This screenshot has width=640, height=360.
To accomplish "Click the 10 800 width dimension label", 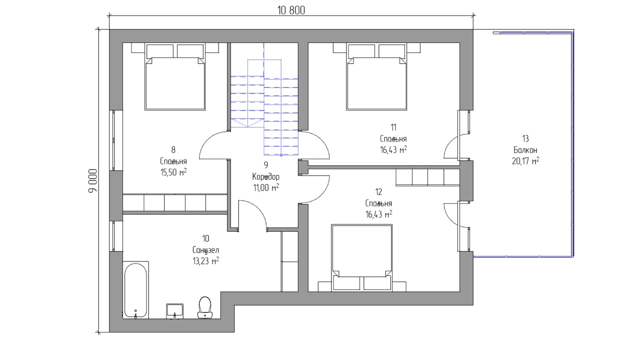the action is tap(291, 10).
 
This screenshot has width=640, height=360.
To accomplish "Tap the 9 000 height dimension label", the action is tap(93, 181).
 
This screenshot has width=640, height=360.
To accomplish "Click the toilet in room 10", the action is tap(205, 307).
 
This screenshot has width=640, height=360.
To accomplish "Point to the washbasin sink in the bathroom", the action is tap(174, 311).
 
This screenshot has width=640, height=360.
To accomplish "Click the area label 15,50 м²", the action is tap(173, 172).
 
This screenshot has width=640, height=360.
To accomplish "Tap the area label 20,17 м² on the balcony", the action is tap(525, 161).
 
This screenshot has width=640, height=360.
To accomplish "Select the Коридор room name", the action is tap(265, 177).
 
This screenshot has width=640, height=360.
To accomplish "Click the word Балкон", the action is tap(525, 150).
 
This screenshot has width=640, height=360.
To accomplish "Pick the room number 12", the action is tap(378, 192).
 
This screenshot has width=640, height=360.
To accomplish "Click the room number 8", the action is tap(173, 149).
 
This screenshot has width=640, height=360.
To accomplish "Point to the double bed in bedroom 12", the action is tap(361, 257).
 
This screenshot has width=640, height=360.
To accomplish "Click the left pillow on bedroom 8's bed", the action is tap(160, 51).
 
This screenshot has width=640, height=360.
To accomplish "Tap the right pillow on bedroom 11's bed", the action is tap(392, 51).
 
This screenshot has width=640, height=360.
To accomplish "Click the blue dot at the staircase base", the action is tap(281, 155).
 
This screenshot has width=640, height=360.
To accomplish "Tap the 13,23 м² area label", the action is tap(205, 261).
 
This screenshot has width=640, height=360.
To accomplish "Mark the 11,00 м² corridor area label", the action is tap(266, 187).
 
